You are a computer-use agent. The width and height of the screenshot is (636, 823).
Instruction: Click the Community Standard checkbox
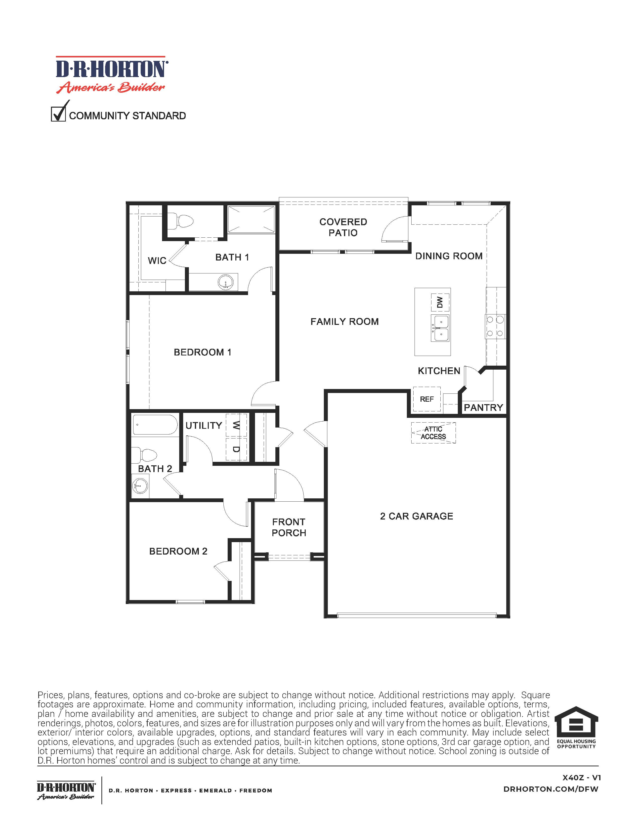pyautogui.click(x=58, y=114)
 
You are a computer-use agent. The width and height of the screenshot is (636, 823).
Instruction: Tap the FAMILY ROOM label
pyautogui.click(x=344, y=321)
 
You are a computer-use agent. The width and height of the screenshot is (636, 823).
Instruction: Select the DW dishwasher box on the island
pyautogui.click(x=440, y=302)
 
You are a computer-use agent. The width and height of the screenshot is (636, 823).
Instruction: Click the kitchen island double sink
pyautogui.click(x=440, y=328)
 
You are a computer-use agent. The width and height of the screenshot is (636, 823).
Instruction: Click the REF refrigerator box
pyautogui.click(x=427, y=399)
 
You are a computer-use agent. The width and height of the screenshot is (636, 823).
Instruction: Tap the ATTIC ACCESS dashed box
pyautogui.click(x=433, y=433)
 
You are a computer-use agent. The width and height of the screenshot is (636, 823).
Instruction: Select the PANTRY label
pyautogui.click(x=483, y=407)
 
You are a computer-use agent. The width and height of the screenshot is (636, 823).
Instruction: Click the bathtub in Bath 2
pyautogui.click(x=155, y=425)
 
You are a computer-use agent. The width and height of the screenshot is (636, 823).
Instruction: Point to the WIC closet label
pyautogui.click(x=157, y=260)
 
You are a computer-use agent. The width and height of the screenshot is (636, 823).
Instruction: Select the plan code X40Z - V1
pyautogui.click(x=581, y=778)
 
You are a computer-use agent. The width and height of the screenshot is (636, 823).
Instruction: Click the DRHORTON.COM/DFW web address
pyautogui.click(x=551, y=789)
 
